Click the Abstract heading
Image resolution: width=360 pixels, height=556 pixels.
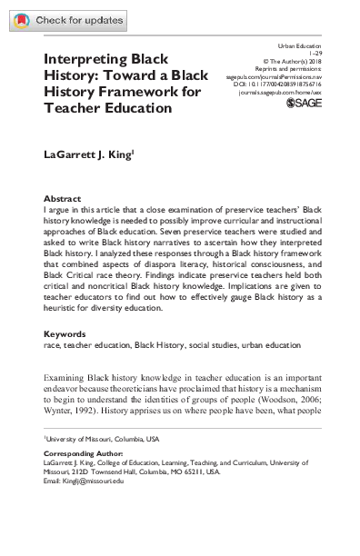point(62,197)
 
